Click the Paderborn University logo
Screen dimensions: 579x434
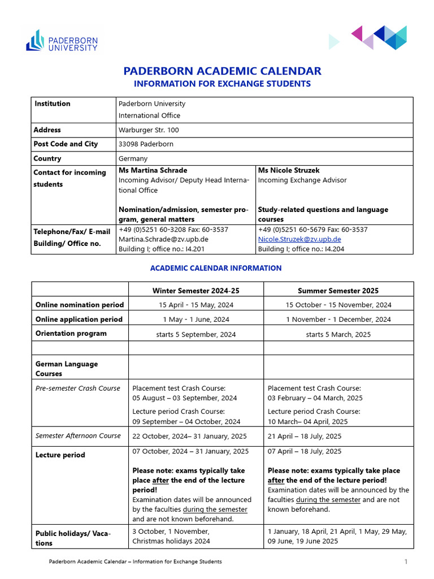[x=62, y=41]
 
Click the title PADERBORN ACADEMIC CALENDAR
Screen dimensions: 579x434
[x=222, y=71]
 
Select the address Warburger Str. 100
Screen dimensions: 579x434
[x=149, y=130]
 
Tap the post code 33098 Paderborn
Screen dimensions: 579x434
[x=146, y=144]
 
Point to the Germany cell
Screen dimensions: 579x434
[x=133, y=159]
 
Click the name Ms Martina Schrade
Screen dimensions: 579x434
[x=153, y=170]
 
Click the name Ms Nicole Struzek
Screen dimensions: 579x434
[x=289, y=170]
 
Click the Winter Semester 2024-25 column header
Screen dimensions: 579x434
[x=196, y=291]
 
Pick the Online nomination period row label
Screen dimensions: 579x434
[x=79, y=305]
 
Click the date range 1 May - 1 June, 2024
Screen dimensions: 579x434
[x=196, y=319]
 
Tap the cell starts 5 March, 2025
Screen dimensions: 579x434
[x=338, y=334]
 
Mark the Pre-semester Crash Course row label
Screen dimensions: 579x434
[x=78, y=388]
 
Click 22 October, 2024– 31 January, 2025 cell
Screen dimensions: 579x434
[x=190, y=436]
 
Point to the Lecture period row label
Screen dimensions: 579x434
[x=60, y=455]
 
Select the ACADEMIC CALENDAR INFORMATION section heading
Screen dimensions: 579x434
[x=216, y=268]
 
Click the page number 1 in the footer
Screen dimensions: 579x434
[x=406, y=561]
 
